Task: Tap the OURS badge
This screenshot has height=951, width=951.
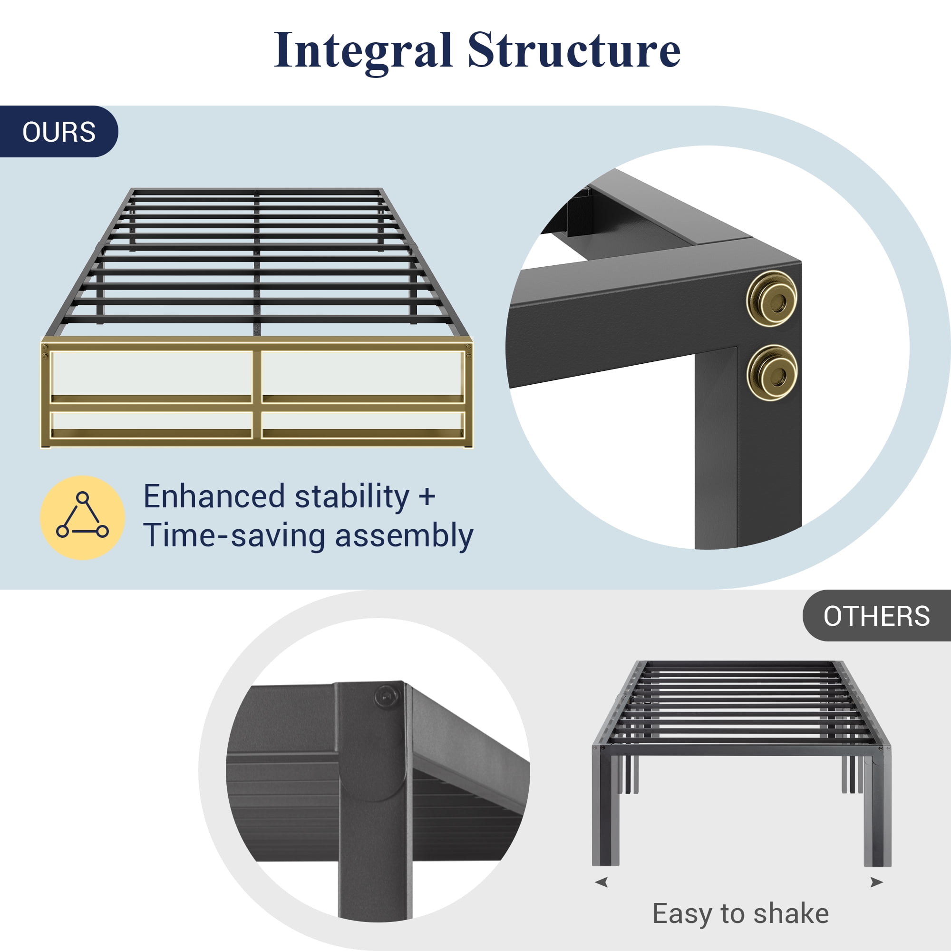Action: (x=58, y=131)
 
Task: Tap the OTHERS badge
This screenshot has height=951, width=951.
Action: (x=876, y=616)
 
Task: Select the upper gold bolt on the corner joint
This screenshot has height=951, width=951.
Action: (x=771, y=298)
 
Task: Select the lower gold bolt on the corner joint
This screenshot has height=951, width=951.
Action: (x=771, y=373)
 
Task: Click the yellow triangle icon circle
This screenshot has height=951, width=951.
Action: (x=82, y=517)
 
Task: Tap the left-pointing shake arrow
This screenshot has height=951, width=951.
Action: (x=601, y=882)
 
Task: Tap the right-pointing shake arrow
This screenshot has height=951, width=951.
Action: (x=877, y=882)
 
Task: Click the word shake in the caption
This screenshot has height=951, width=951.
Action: (x=791, y=913)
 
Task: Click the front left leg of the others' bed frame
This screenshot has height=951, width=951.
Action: (x=606, y=812)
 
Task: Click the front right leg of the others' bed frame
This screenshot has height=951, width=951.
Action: (x=877, y=812)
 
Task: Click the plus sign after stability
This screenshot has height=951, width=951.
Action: (x=427, y=497)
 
